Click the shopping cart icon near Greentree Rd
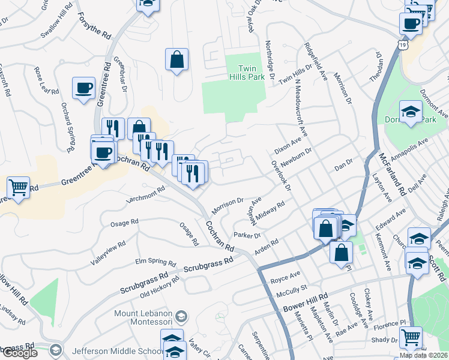pyautogui.click(x=19, y=188)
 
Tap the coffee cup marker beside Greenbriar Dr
pyautogui.click(x=83, y=88)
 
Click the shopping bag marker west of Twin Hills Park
pyautogui.click(x=177, y=60)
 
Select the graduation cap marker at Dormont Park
pyautogui.click(x=411, y=112)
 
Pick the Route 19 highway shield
pyautogui.click(x=400, y=44)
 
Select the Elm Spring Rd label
pyautogui.click(x=155, y=263)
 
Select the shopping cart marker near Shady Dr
pyautogui.click(x=411, y=338)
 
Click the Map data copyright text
pyautogui.click(x=423, y=355)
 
